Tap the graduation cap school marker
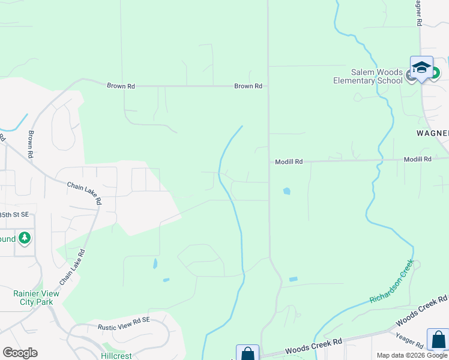click(421, 68)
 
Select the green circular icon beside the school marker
click(434, 73)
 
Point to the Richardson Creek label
click(391, 281)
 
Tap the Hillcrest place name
click(116, 356)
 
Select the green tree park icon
click(25, 239)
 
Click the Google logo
click(20, 352)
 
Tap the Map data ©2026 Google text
click(411, 355)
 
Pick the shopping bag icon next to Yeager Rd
click(438, 338)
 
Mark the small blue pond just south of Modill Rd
click(286, 191)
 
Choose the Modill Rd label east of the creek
click(417, 159)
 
